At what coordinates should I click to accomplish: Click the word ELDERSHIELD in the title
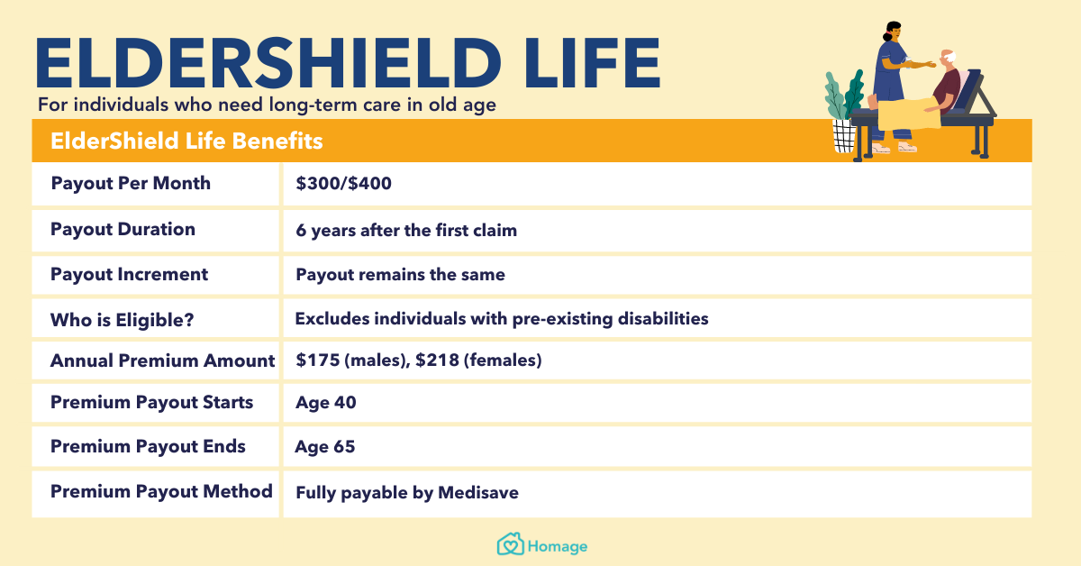click(268, 63)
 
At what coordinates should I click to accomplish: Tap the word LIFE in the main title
click(593, 63)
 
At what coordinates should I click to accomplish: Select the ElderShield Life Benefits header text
click(186, 141)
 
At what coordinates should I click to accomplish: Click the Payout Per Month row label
click(131, 184)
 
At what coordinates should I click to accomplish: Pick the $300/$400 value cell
click(343, 184)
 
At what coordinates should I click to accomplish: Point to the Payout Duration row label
click(123, 230)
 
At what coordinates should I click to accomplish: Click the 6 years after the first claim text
click(406, 231)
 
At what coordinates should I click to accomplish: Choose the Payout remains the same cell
click(400, 274)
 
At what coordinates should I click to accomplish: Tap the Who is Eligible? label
click(123, 320)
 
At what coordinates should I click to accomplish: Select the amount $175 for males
click(318, 360)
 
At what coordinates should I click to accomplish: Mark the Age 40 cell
click(326, 402)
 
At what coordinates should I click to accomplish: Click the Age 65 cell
click(325, 447)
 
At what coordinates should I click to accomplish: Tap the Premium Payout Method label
click(161, 491)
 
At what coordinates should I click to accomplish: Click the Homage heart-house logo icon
click(511, 544)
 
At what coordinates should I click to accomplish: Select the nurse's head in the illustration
click(893, 32)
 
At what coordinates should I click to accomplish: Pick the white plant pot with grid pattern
click(845, 136)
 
